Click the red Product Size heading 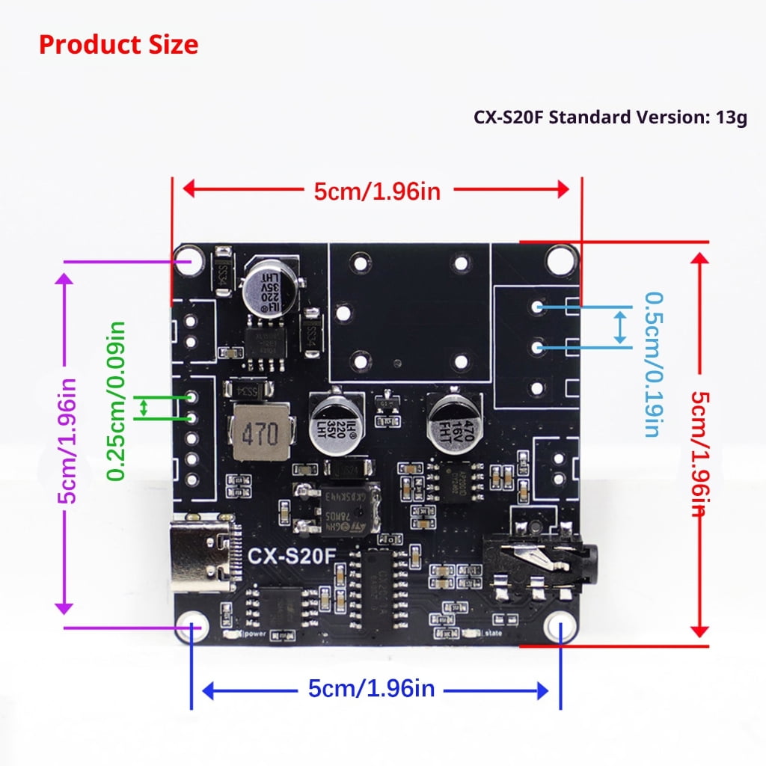[x=118, y=44]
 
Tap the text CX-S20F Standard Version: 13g [x=610, y=118]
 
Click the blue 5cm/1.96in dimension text [x=371, y=688]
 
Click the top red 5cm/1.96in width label [x=377, y=191]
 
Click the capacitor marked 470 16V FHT [x=451, y=422]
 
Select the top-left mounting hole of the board [x=189, y=261]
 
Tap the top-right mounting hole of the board [x=557, y=260]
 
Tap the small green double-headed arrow [x=145, y=408]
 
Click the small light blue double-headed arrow [x=619, y=328]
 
